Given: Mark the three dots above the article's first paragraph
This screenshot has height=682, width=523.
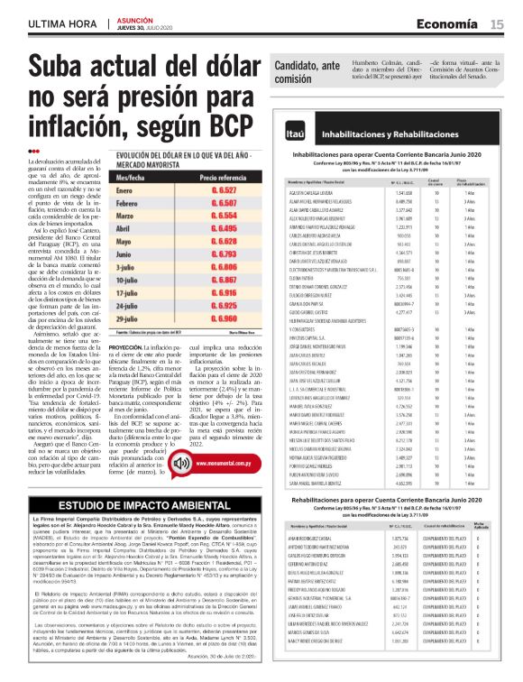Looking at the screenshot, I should click(34, 151).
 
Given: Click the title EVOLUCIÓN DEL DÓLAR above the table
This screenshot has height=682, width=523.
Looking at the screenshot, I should click(159, 157).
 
